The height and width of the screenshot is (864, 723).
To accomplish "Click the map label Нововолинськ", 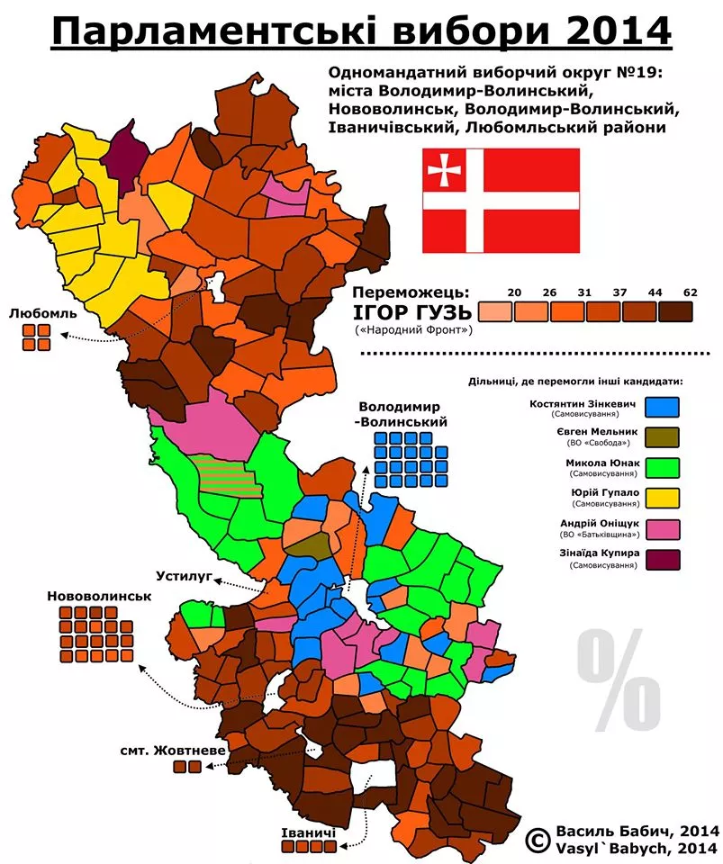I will click(100, 596).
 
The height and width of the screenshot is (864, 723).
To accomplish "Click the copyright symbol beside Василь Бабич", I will click(538, 840).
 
